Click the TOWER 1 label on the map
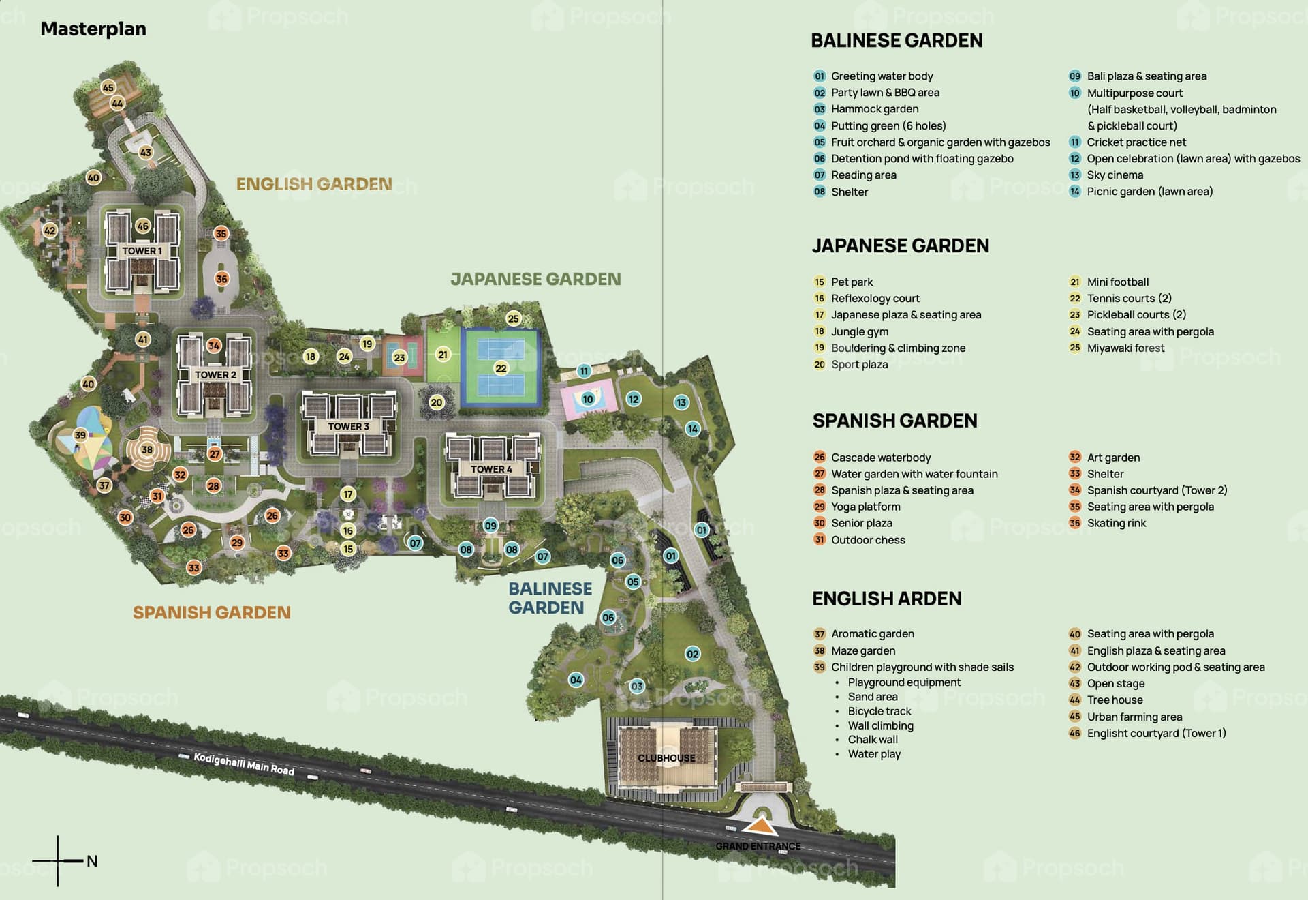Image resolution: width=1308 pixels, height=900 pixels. pyautogui.click(x=142, y=251)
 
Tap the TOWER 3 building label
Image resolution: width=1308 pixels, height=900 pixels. pyautogui.click(x=348, y=427)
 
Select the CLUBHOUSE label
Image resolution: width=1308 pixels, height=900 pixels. pyautogui.click(x=666, y=758)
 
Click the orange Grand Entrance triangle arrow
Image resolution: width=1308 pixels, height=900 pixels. pyautogui.click(x=760, y=827)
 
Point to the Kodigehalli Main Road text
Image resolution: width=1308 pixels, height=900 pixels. pyautogui.click(x=244, y=764)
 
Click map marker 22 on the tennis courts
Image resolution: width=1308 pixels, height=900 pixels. pyautogui.click(x=501, y=368)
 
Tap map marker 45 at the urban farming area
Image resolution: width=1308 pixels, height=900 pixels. pyautogui.click(x=108, y=87)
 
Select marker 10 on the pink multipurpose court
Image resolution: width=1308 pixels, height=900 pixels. pyautogui.click(x=588, y=399)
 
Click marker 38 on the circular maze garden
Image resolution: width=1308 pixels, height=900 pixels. pyautogui.click(x=147, y=449)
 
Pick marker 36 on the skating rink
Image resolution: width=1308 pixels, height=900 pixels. pyautogui.click(x=221, y=279)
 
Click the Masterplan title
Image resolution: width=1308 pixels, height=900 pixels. pyautogui.click(x=93, y=29)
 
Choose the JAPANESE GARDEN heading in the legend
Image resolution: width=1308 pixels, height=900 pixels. pyautogui.click(x=900, y=245)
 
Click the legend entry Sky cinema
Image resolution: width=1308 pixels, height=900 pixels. pyautogui.click(x=1115, y=175)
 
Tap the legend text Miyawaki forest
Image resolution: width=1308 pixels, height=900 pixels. pyautogui.click(x=1125, y=348)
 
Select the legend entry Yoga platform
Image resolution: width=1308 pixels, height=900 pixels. pyautogui.click(x=865, y=507)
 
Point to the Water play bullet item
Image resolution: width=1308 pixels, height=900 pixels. pyautogui.click(x=874, y=754)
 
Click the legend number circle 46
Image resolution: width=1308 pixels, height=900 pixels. pyautogui.click(x=1075, y=734)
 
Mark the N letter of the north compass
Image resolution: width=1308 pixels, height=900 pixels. pyautogui.click(x=92, y=861)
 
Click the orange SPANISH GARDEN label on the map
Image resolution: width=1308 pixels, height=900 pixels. pyautogui.click(x=211, y=612)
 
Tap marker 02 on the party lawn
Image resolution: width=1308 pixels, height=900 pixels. pyautogui.click(x=692, y=654)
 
